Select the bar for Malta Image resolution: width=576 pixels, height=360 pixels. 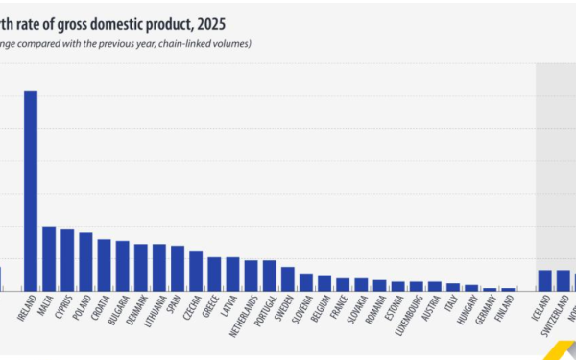coord(49,258)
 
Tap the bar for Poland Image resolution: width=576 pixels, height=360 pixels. coord(85,261)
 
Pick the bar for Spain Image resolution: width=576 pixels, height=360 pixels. coord(178,268)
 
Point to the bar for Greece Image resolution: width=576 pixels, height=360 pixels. coord(214,274)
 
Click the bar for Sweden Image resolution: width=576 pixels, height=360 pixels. coord(288,278)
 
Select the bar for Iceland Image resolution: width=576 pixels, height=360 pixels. coord(544,279)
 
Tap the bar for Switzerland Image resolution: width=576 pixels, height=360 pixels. coord(563,279)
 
